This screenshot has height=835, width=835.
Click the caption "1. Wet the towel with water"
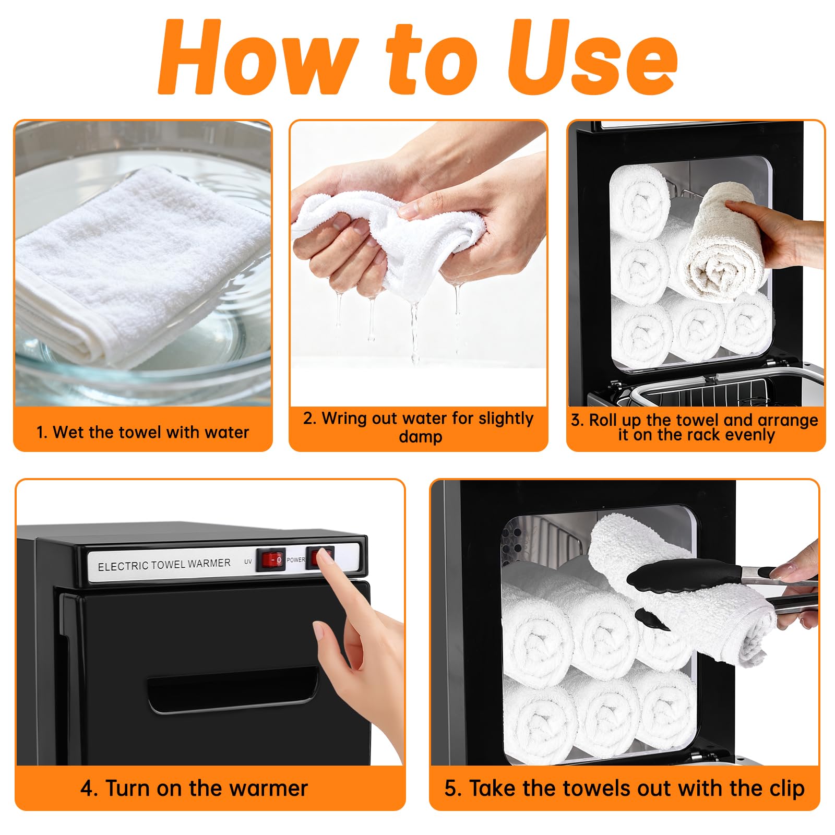pyautogui.click(x=142, y=432)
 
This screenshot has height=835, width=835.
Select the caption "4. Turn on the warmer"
pyautogui.click(x=194, y=788)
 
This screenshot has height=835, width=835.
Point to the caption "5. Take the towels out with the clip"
pyautogui.click(x=625, y=789)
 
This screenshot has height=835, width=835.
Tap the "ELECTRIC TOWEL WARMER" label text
pyautogui.click(x=164, y=565)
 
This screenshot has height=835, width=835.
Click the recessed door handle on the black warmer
pyautogui.click(x=233, y=690)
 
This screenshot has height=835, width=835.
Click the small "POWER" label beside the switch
pyautogui.click(x=295, y=560)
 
